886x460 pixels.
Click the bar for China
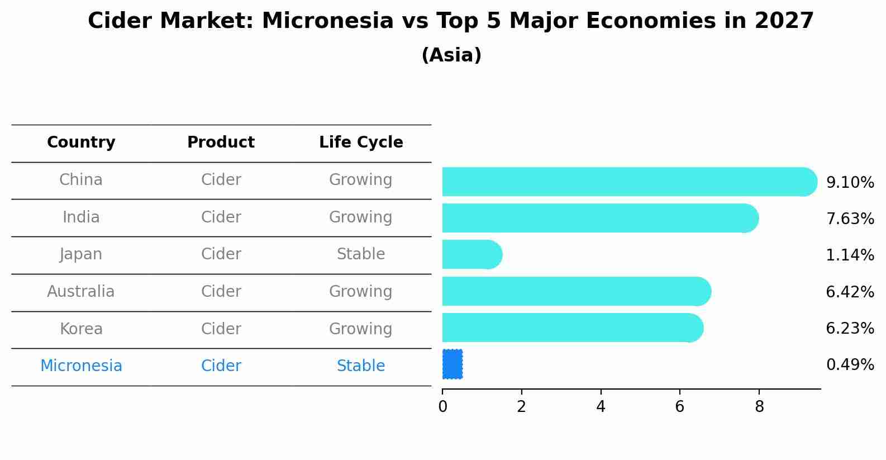click(x=626, y=182)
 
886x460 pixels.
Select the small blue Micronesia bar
click(x=452, y=364)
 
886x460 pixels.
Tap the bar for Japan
click(x=471, y=254)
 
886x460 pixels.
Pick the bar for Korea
click(x=570, y=328)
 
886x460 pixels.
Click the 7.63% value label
click(x=850, y=219)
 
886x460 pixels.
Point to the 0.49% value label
click(x=850, y=365)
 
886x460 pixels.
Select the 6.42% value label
click(x=850, y=292)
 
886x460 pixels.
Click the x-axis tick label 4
click(x=601, y=407)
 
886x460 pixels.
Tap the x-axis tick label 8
click(x=759, y=407)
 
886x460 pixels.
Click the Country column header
click(x=81, y=143)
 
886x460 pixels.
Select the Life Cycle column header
click(x=361, y=143)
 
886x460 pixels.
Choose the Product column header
click(x=221, y=143)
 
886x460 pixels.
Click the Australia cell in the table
click(x=81, y=292)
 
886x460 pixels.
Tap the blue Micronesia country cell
click(x=81, y=366)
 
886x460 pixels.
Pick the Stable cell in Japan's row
click(x=361, y=254)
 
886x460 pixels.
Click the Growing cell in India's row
click(x=361, y=217)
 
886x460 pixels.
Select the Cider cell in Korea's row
click(x=221, y=329)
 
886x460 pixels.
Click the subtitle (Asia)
click(x=451, y=55)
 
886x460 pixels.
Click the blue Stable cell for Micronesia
click(x=361, y=366)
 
